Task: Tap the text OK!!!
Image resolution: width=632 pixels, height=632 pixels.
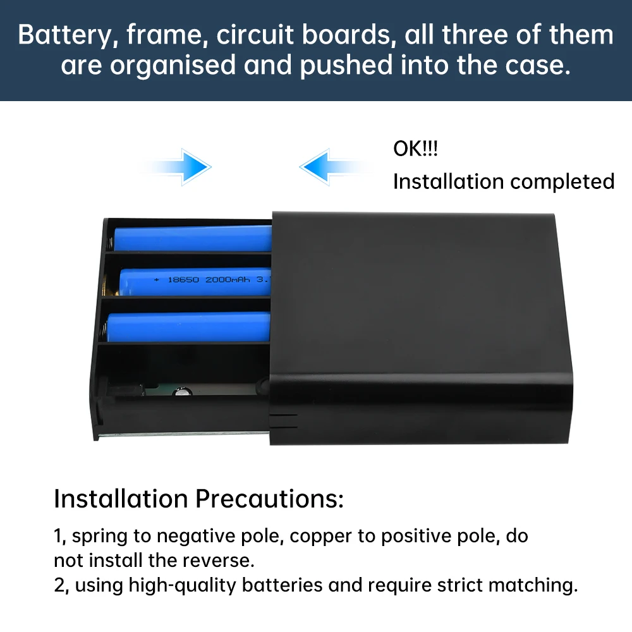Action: (415, 150)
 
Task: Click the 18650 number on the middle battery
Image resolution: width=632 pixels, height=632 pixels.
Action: (184, 279)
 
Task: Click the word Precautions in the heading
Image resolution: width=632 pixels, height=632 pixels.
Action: (269, 499)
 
